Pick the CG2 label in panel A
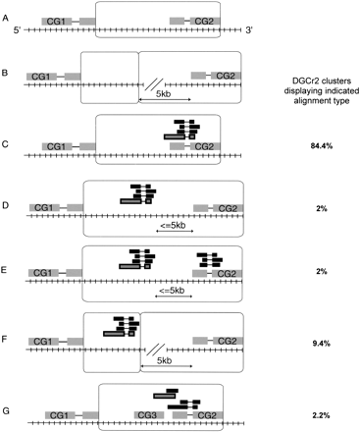coord(204,21)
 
